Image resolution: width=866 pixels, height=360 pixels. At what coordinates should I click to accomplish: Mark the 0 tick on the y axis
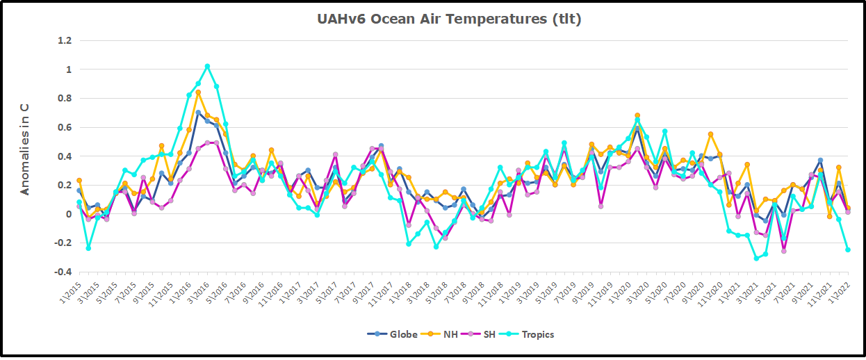coord(68,214)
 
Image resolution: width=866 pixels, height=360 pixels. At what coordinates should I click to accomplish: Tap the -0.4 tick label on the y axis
coord(63,272)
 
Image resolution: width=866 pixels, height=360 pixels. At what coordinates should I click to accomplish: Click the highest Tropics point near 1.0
coord(207,67)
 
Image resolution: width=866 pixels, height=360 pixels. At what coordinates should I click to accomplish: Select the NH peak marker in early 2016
coord(198,92)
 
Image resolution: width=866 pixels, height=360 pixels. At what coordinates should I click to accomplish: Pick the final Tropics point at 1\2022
coord(848,249)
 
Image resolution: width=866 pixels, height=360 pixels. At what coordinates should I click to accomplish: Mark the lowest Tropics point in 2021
coord(756,259)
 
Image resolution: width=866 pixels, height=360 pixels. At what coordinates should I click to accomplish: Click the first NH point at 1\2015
coord(79,181)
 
